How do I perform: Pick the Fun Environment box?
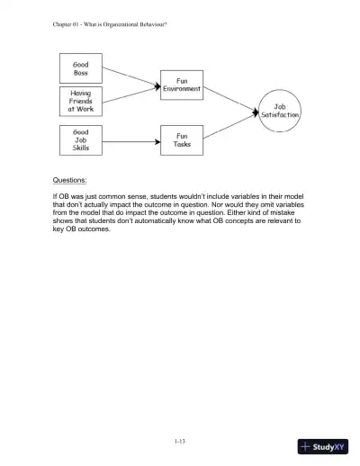[182, 85]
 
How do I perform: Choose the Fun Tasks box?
[182, 139]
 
